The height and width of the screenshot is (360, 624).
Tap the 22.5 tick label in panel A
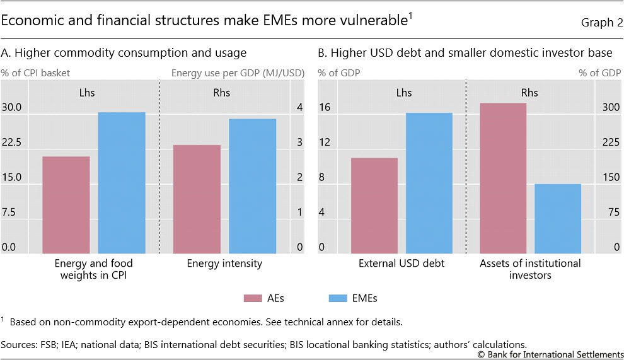click(12, 142)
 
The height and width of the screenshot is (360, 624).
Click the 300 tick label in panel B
click(611, 108)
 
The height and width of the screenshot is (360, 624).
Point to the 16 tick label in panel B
click(324, 108)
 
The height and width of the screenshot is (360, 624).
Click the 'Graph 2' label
click(601, 23)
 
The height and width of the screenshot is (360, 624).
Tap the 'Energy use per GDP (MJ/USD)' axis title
click(238, 73)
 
